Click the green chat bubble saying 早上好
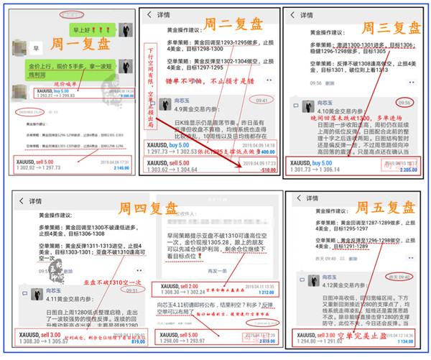pyautogui.click(x=85, y=30)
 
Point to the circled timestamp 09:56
pyautogui.click(x=407, y=102)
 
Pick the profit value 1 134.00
pyautogui.click(x=408, y=342)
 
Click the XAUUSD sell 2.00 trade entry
pyautogui.click(x=172, y=289)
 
